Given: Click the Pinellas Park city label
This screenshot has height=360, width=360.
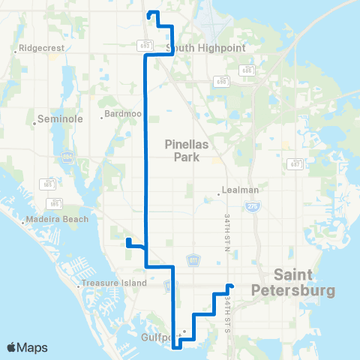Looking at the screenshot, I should point(184,152).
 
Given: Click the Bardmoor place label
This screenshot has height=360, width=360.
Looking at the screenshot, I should point(121,116).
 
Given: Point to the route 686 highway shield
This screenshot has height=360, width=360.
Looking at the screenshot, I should point(246,70).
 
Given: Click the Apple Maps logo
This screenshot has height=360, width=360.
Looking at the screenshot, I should point(27,347).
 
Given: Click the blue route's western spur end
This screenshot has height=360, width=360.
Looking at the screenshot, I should point(128,240).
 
